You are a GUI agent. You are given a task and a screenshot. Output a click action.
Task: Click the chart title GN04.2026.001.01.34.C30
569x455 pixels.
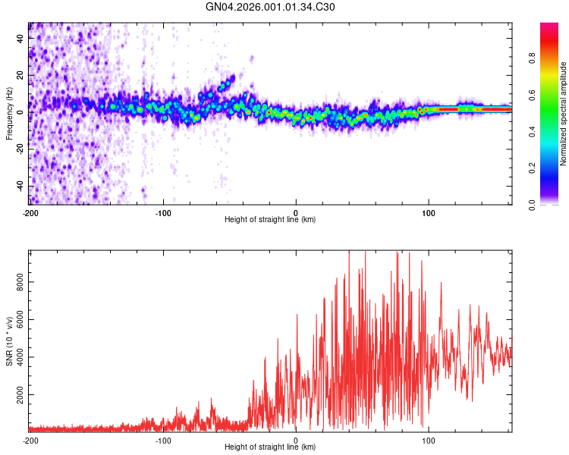pos(270,7)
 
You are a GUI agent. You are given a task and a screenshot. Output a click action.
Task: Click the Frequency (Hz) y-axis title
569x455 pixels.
pos(9,114)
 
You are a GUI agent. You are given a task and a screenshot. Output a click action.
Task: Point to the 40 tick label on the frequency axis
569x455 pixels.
pos(20,38)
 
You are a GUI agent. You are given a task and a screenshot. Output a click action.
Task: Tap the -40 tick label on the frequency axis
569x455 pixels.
pos(20,187)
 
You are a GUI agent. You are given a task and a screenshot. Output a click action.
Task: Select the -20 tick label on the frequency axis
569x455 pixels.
pos(20,149)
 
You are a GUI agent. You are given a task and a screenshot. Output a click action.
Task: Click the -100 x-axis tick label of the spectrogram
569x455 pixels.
pos(163,213)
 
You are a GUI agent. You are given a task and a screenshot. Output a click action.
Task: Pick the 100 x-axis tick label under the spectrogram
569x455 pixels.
pos(429,213)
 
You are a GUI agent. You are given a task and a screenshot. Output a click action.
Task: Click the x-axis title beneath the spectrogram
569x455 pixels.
pos(270,219)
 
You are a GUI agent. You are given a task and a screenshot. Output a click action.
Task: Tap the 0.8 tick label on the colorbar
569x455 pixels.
pos(532,58)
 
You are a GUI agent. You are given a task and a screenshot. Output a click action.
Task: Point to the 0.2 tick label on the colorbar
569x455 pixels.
pos(532,168)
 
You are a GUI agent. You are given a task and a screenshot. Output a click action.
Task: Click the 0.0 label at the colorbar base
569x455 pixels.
pos(532,206)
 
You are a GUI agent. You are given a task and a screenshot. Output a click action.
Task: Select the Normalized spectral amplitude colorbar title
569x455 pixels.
pos(563,114)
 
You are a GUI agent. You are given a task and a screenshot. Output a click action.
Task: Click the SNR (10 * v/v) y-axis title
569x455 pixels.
pos(10,341)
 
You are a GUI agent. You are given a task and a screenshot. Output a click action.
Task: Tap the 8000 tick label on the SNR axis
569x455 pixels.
pos(20,282)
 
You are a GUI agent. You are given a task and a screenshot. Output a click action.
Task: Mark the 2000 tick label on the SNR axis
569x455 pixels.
pos(20,395)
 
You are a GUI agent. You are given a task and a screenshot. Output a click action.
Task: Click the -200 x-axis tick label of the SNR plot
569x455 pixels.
pos(30,441)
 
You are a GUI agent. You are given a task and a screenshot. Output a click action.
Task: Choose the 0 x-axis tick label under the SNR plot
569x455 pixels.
pos(296,441)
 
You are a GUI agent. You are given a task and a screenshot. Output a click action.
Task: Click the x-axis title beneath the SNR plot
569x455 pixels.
pos(270,447)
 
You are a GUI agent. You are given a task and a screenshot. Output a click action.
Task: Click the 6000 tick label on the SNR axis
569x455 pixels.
pos(20,319)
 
